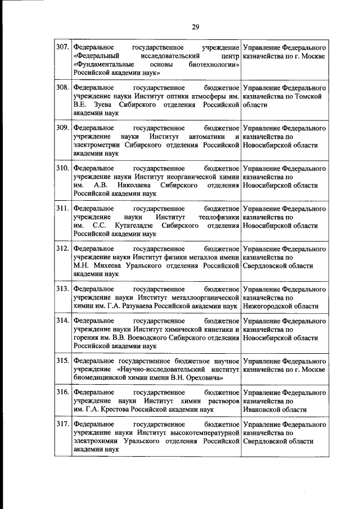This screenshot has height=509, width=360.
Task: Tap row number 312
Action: point(62,247)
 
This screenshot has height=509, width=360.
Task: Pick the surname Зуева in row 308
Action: point(100,105)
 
